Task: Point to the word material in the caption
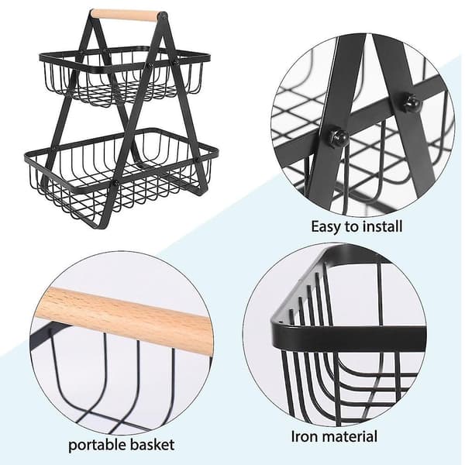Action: coord(350,437)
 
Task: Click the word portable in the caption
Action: coord(97,446)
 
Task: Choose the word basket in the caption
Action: coord(152,445)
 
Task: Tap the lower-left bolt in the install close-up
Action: coord(337,136)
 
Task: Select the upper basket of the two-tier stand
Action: coord(125,76)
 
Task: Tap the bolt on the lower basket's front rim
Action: coord(115,183)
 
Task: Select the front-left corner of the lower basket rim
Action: coord(28,157)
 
